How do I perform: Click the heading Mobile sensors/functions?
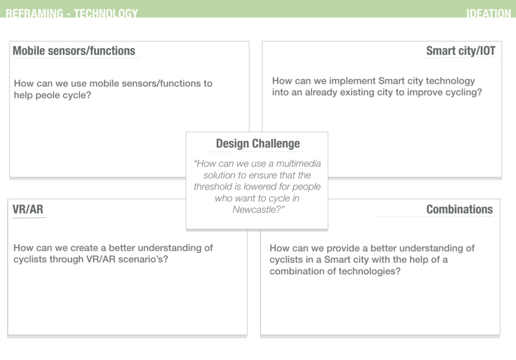coord(74,51)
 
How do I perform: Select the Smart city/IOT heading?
coord(461,51)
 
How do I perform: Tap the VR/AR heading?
coord(28,209)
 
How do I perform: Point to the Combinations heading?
coord(460,209)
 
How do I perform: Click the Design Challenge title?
coord(257,144)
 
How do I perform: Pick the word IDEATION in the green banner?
coord(489,13)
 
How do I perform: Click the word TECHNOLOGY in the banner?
coord(106,13)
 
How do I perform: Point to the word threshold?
coord(213,187)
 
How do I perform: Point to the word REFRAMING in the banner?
coord(35,13)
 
